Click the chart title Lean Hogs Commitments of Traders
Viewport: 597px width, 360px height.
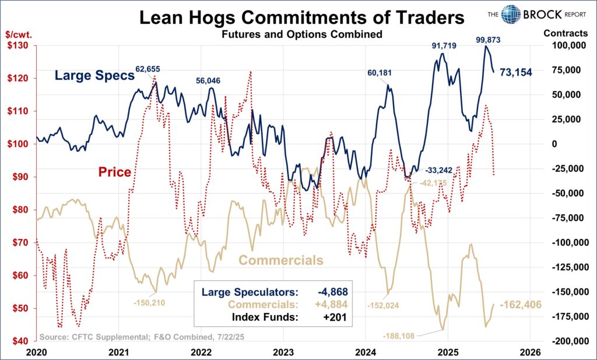302,17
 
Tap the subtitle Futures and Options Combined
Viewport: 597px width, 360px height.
301,34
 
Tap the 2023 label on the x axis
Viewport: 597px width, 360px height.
283,352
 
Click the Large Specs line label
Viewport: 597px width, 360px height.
94,75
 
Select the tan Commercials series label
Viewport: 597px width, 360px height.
281,260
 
